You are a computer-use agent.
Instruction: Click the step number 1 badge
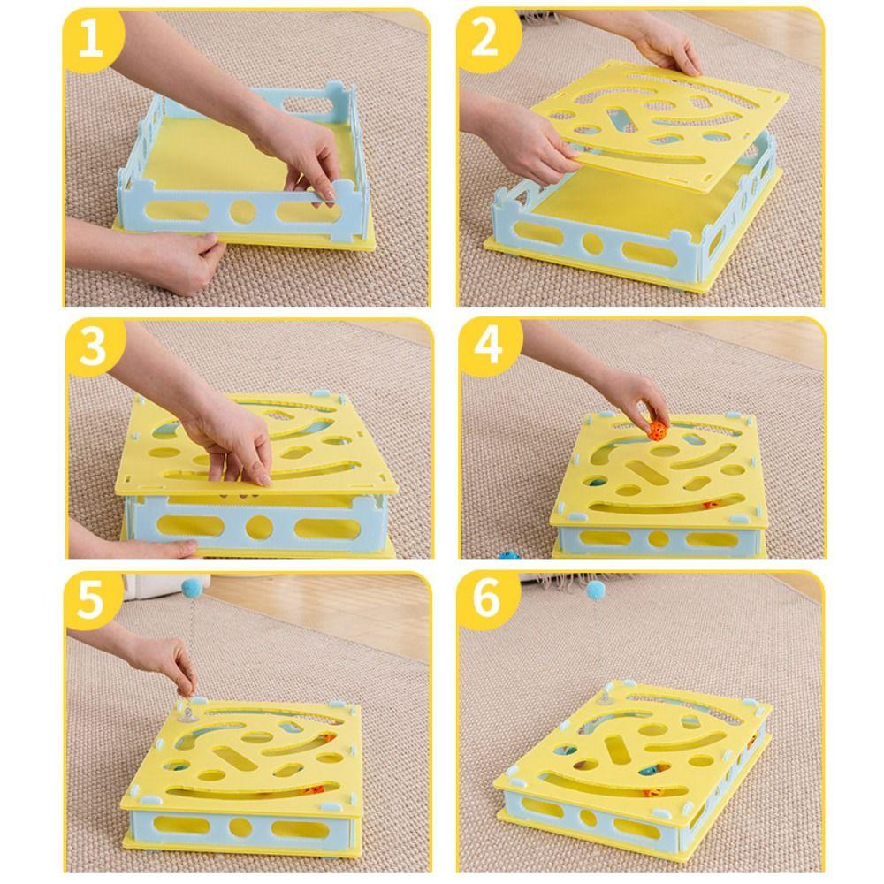click(x=91, y=38)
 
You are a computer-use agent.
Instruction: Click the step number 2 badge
click(x=484, y=38)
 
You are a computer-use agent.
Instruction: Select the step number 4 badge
click(x=487, y=347)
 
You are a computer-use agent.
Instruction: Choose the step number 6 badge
click(x=486, y=600)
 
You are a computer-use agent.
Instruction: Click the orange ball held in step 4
click(x=658, y=431)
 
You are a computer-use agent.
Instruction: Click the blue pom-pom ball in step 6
click(x=596, y=590)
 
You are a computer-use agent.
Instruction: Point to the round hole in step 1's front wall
click(x=243, y=211)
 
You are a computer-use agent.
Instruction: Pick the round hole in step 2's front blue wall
click(x=592, y=243)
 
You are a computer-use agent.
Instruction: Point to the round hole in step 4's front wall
click(x=658, y=538)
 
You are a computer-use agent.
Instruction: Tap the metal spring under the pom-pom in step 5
click(x=191, y=648)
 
